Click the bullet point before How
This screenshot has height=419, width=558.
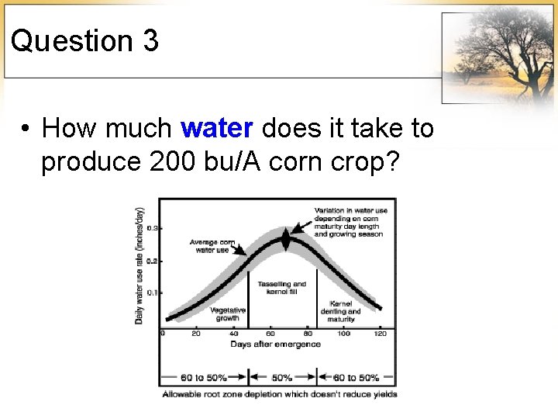[26, 128]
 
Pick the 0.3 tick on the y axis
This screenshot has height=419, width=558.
[153, 228]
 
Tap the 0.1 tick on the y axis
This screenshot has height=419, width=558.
[153, 293]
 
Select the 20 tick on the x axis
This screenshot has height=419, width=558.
[195, 334]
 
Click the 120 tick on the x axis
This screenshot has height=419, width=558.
[380, 334]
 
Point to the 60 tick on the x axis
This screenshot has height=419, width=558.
[270, 334]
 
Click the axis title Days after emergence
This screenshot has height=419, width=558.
[275, 344]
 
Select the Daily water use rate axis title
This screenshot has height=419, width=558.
[139, 265]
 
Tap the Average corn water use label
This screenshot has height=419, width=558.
[212, 247]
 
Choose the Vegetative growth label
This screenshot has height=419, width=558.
[228, 313]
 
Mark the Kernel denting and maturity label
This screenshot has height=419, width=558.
[341, 311]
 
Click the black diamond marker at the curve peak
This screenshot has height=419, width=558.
[285, 240]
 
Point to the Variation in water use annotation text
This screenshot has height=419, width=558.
[348, 222]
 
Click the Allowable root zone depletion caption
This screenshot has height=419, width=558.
[280, 394]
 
